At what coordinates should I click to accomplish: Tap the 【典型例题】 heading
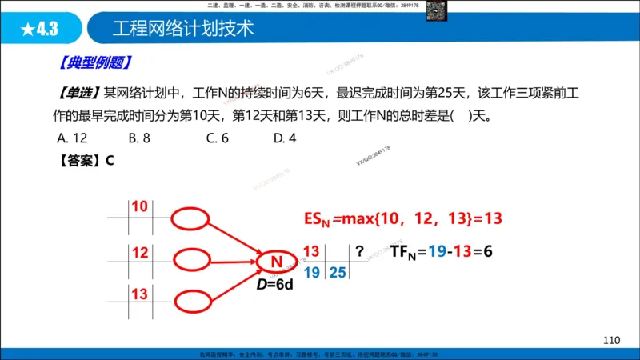95,62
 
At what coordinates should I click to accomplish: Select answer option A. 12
73,138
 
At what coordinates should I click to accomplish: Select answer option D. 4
285,138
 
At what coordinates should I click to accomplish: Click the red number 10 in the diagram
140,207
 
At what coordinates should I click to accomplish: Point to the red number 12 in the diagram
140,253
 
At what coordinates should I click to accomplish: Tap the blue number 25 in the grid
337,273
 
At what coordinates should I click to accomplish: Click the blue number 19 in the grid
313,273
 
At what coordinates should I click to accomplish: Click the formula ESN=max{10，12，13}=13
402,218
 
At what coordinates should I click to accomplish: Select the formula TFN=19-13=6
442,252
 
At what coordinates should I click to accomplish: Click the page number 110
612,340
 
